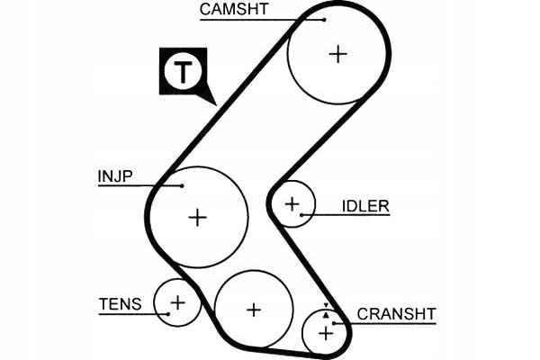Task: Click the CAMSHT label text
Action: (x=233, y=10)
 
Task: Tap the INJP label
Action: (x=114, y=175)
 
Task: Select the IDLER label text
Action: (x=365, y=206)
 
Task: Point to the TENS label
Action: (x=121, y=304)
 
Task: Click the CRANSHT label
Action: (x=396, y=314)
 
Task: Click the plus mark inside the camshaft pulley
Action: (x=337, y=54)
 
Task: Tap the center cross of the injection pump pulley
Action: (x=197, y=217)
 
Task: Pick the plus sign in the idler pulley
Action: (x=292, y=205)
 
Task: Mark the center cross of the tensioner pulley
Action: (x=177, y=301)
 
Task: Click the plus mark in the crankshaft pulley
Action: (x=326, y=333)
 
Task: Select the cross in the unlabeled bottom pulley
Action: (x=254, y=310)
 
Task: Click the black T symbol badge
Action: (x=183, y=72)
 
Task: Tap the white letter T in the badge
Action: (x=183, y=72)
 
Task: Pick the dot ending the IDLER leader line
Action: (x=302, y=214)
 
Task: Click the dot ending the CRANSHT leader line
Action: (x=335, y=322)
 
